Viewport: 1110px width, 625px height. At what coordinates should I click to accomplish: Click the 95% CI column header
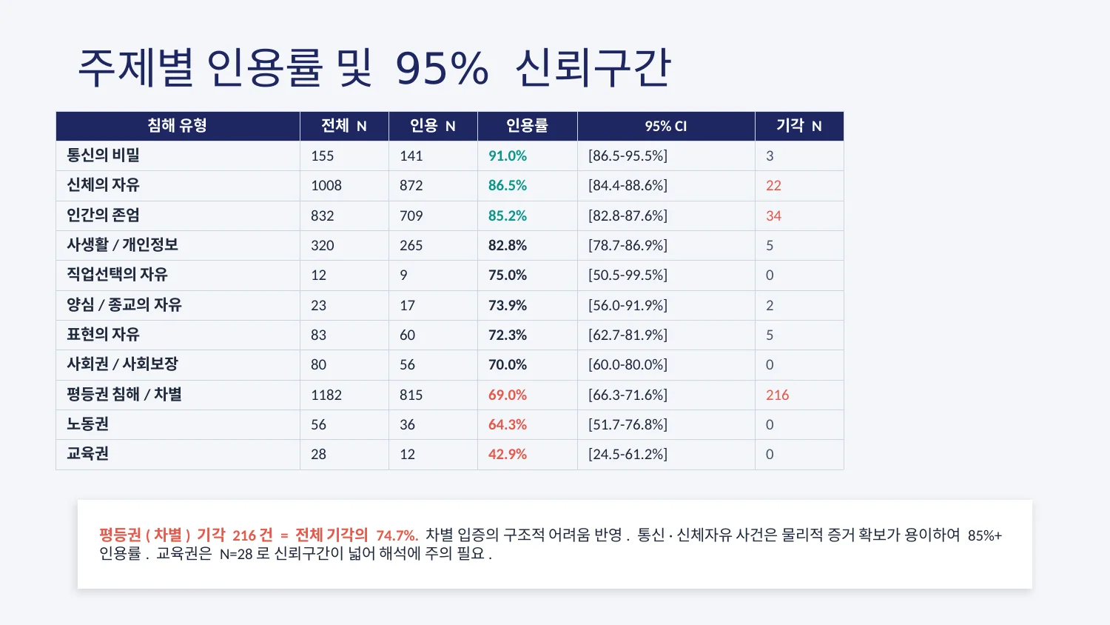[665, 126]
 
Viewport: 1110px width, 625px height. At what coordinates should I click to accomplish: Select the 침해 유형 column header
[177, 126]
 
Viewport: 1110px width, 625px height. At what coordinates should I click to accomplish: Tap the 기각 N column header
[798, 126]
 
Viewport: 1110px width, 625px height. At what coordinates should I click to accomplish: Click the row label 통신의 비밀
[103, 156]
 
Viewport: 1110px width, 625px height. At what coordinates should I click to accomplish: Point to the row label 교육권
[87, 454]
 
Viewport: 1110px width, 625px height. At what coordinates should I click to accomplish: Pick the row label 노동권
[87, 424]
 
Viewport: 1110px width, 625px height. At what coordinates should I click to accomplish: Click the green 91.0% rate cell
[507, 156]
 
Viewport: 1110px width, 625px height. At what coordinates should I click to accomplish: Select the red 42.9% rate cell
[507, 454]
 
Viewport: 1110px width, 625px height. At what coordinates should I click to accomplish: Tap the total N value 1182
[326, 395]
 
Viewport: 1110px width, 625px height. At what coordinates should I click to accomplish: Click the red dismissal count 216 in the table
[777, 395]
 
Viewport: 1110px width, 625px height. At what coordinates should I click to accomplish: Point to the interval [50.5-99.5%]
[628, 275]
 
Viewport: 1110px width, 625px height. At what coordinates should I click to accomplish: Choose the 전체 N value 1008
[326, 185]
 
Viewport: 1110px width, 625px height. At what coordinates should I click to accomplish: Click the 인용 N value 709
[411, 215]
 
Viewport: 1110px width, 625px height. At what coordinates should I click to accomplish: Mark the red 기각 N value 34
[773, 215]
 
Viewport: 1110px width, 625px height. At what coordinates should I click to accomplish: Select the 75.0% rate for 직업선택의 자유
[507, 275]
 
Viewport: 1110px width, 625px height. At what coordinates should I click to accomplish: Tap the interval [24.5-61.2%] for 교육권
[628, 454]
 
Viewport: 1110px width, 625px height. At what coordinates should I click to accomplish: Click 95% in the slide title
[442, 69]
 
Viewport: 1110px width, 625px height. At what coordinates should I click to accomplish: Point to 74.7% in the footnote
[397, 535]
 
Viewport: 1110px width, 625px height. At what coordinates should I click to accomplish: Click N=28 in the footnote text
[236, 554]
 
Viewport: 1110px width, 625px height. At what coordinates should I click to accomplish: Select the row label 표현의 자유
[103, 335]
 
